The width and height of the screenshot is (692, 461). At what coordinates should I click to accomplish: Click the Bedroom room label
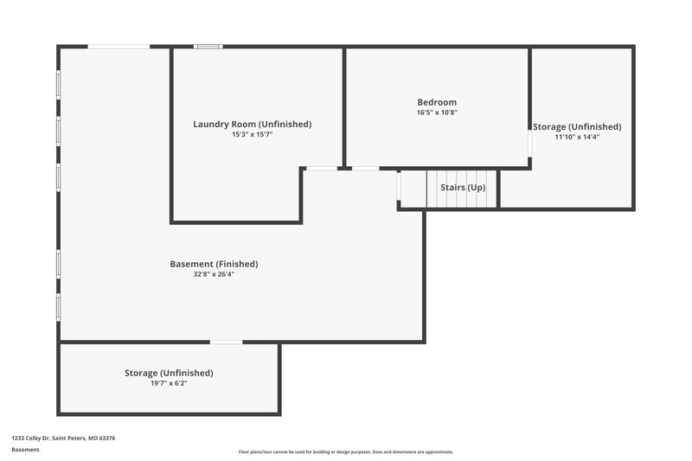pyautogui.click(x=437, y=102)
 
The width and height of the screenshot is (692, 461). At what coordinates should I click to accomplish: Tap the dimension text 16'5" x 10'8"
pyautogui.click(x=437, y=112)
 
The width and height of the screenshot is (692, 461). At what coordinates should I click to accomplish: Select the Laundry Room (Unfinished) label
pyautogui.click(x=252, y=125)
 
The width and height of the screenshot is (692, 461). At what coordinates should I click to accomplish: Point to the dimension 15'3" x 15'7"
pyautogui.click(x=252, y=135)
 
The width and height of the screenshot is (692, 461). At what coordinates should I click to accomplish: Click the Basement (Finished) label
pyautogui.click(x=214, y=264)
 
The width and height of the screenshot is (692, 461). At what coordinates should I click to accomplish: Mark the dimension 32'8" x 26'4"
pyautogui.click(x=214, y=274)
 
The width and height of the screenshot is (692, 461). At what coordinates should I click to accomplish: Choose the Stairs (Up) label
pyautogui.click(x=464, y=188)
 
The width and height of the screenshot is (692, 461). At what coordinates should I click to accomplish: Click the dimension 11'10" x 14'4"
pyautogui.click(x=577, y=137)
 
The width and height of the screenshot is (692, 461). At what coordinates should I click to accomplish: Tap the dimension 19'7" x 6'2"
pyautogui.click(x=169, y=383)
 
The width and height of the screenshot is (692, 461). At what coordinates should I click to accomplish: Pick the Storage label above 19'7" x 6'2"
pyautogui.click(x=169, y=373)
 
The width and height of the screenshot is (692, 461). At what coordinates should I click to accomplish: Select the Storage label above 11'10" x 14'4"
pyautogui.click(x=577, y=126)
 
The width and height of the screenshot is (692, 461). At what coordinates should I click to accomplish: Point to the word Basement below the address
pyautogui.click(x=26, y=450)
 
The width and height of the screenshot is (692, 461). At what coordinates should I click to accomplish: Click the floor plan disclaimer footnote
pyautogui.click(x=346, y=451)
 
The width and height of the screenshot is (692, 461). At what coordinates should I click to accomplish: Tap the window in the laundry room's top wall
pyautogui.click(x=208, y=47)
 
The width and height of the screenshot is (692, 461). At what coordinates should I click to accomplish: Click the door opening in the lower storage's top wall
pyautogui.click(x=227, y=343)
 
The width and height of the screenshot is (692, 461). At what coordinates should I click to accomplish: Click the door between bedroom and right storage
pyautogui.click(x=529, y=143)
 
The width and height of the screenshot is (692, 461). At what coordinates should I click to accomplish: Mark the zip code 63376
pyautogui.click(x=107, y=439)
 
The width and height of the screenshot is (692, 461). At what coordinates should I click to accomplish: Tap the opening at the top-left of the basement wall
pyautogui.click(x=119, y=47)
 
